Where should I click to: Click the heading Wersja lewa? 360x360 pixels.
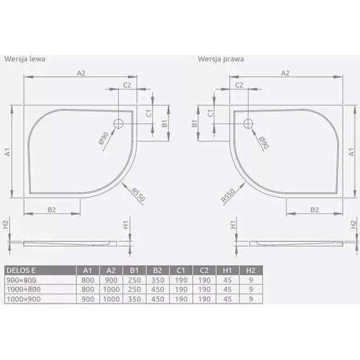click(25, 59)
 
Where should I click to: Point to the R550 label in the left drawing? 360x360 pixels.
click(138, 195)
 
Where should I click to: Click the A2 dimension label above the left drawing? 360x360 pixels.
click(81, 73)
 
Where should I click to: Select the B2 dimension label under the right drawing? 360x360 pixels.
click(313, 210)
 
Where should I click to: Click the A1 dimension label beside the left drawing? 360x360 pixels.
click(7, 152)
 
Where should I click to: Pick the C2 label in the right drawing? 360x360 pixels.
click(239, 84)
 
